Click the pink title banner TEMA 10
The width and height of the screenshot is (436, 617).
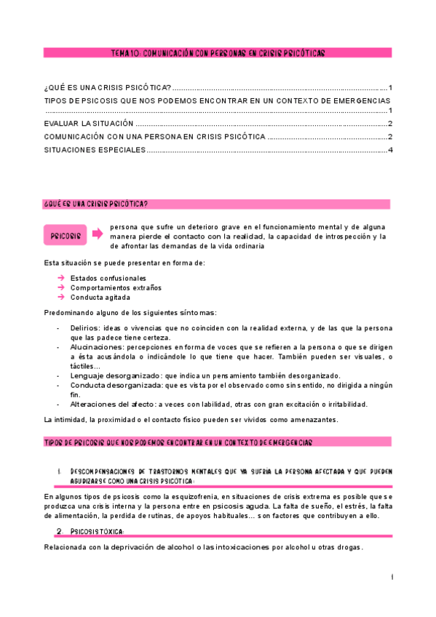pyautogui.click(x=218, y=53)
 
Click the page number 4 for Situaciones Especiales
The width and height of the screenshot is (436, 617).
pyautogui.click(x=391, y=151)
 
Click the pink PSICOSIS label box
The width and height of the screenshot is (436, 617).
pyautogui.click(x=65, y=236)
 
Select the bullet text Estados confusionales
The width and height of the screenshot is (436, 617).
pyautogui.click(x=108, y=278)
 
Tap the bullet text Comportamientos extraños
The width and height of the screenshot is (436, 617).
pyautogui.click(x=116, y=287)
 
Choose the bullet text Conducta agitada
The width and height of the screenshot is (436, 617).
pyautogui.click(x=100, y=297)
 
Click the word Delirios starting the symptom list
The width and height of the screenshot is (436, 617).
pyautogui.click(x=86, y=328)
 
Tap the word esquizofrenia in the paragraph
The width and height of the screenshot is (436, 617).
pyautogui.click(x=181, y=497)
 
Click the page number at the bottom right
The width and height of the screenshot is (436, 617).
pyautogui.click(x=392, y=577)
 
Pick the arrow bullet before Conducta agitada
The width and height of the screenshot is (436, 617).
pyautogui.click(x=61, y=297)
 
